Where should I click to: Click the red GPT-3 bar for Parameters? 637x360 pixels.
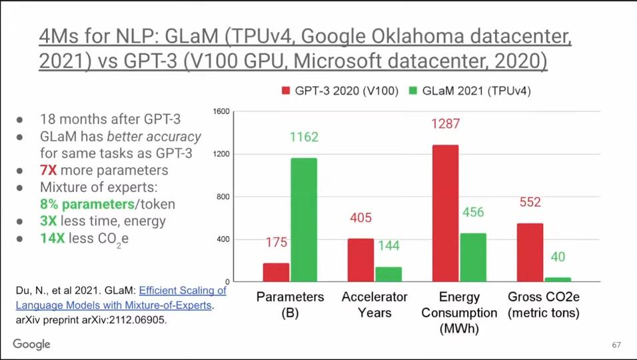pos(276,272)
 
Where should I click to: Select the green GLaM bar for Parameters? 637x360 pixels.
pos(303,219)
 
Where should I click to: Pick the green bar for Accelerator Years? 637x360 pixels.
pos(388,274)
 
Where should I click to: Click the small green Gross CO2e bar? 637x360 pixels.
pos(558,279)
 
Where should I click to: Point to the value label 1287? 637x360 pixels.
pos(445,124)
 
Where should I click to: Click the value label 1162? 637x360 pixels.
pos(304,137)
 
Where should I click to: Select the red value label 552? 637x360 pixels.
pos(530,202)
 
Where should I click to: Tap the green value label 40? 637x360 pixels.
pos(558,257)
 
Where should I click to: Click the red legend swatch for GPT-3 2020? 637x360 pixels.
pos(287,91)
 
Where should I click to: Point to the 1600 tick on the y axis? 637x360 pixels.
pos(221,111)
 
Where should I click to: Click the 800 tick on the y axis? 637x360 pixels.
pos(223,197)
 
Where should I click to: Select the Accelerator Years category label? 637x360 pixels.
pos(374,304)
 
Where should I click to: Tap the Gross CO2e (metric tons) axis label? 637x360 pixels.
pos(543,305)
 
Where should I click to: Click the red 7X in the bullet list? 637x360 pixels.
pos(49,170)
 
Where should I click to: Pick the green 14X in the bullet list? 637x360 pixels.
pos(52,238)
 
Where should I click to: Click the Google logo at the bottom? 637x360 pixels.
pos(31,344)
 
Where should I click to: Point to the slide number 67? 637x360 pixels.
pos(616,345)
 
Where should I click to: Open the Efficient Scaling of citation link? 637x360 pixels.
pos(183,291)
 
